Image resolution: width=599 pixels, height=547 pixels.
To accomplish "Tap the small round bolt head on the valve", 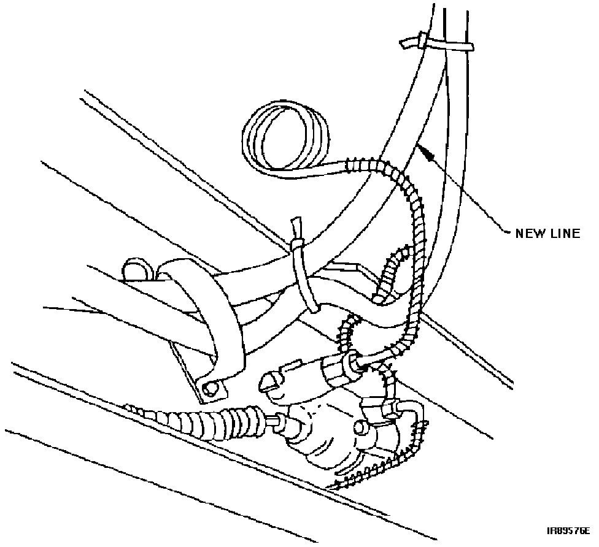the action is tap(360, 427).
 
